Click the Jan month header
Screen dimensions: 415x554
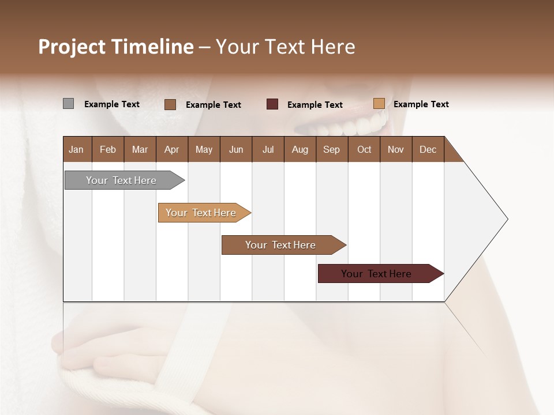coord(77,149)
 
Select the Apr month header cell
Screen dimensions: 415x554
coord(171,149)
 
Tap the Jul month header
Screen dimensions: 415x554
coord(268,149)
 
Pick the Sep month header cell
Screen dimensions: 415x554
coord(331,149)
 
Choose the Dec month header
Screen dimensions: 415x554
coord(428,149)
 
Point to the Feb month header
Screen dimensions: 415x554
coord(108,149)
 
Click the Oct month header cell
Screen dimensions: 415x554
coord(364,149)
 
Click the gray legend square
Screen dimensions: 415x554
coord(68,104)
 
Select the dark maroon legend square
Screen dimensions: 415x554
coord(272,104)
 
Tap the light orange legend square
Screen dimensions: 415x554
coord(379,104)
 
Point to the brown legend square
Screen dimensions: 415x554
coord(170,104)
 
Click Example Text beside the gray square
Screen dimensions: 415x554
coord(112,104)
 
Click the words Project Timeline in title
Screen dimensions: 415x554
coord(115,47)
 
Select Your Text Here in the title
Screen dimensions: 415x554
coord(286,47)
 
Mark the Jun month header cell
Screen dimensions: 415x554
coord(236,149)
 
